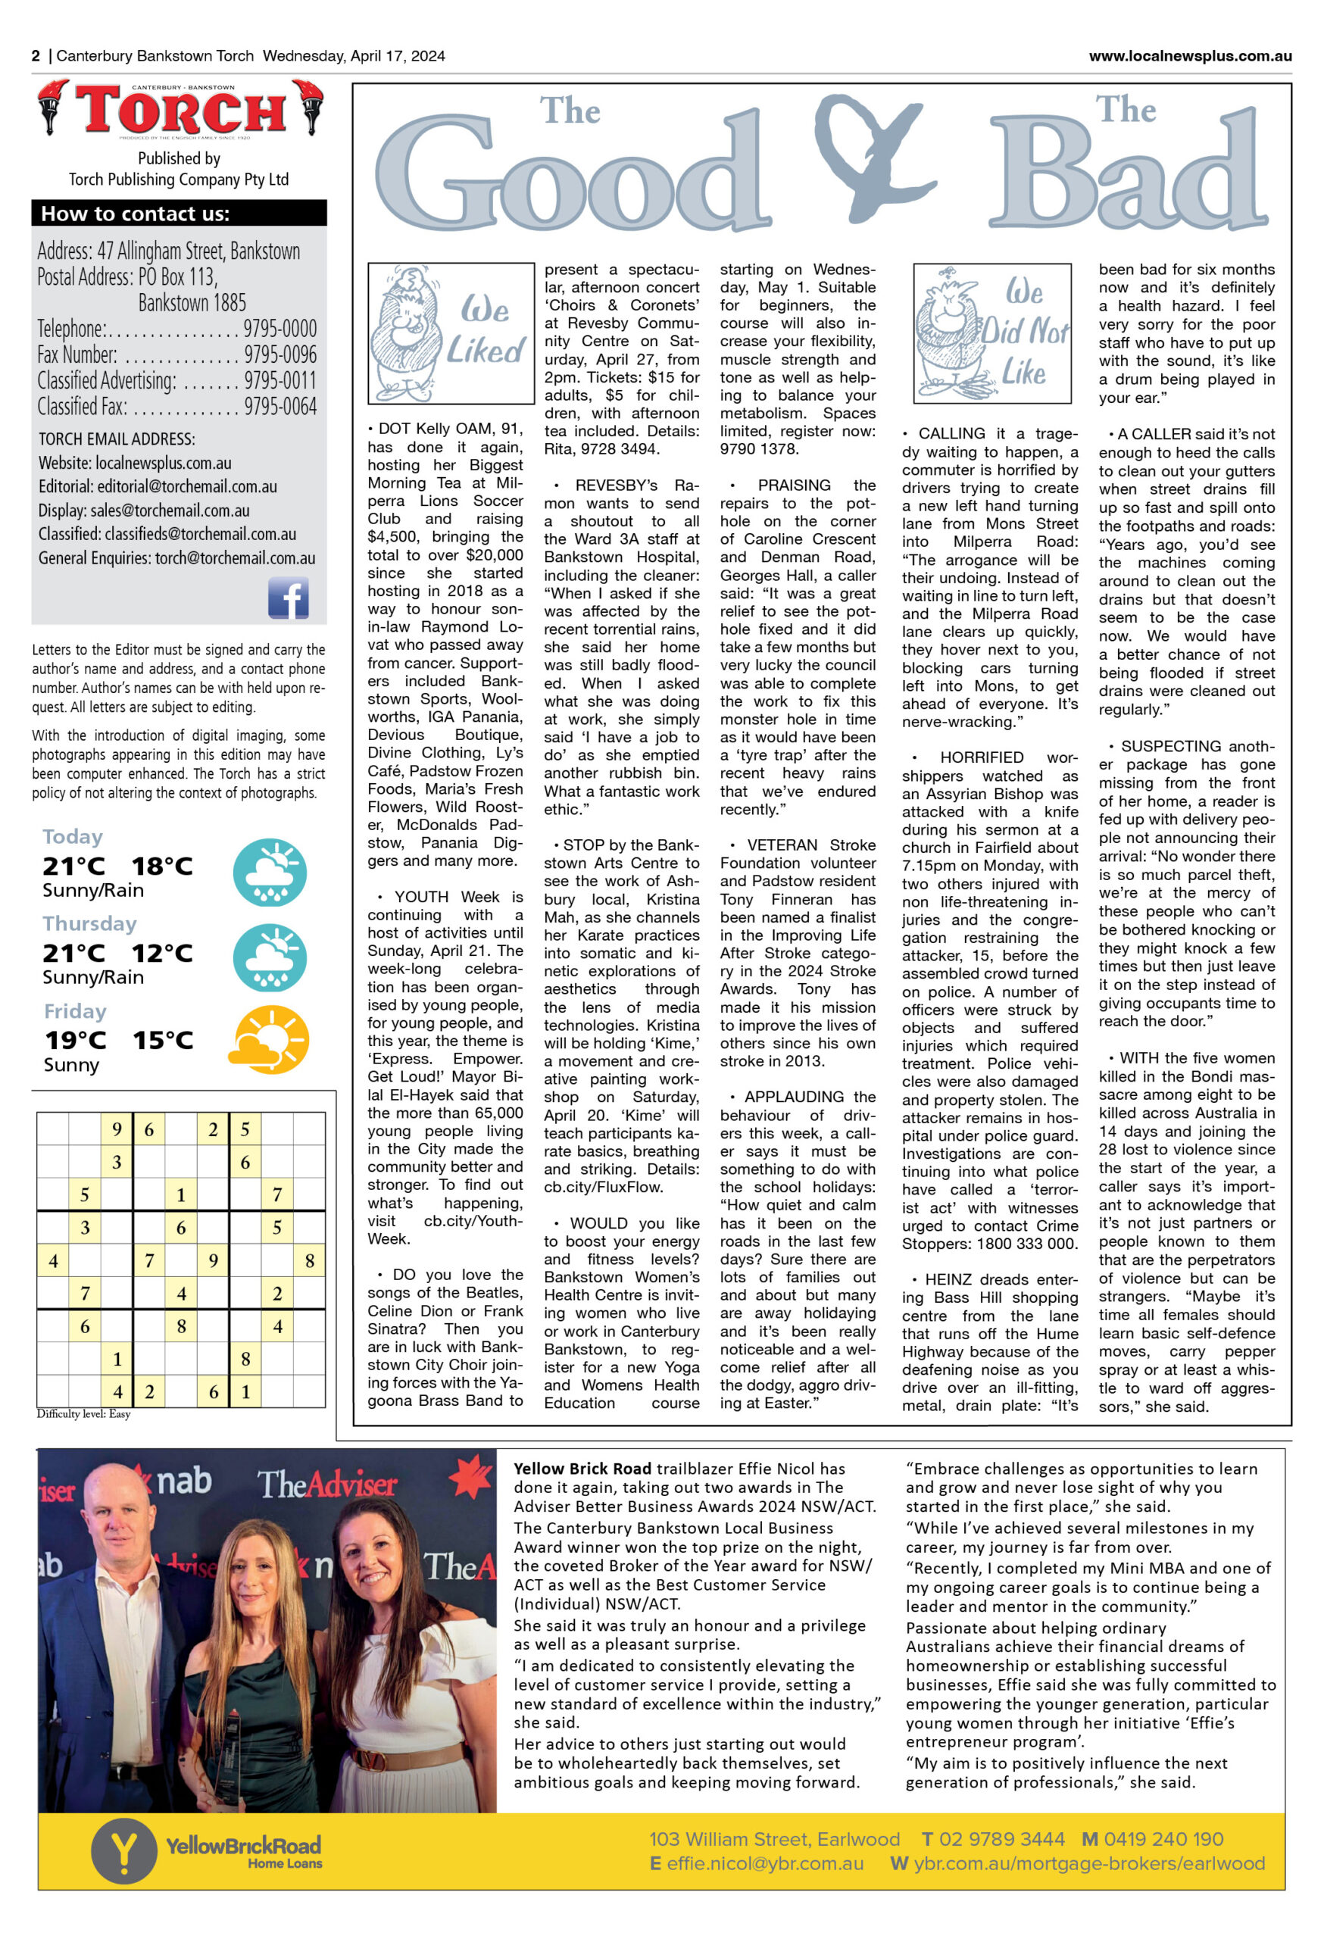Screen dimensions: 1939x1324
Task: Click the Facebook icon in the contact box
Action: tap(288, 598)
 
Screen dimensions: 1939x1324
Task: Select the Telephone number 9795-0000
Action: tap(279, 329)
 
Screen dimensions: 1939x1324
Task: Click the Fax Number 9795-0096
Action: tap(279, 354)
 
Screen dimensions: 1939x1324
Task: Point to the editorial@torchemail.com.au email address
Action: tap(187, 486)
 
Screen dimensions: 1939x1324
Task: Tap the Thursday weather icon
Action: tap(269, 958)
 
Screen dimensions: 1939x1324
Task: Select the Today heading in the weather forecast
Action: tap(73, 837)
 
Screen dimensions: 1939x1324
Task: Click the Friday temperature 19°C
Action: tap(75, 1041)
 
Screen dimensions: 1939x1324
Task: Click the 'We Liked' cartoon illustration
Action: tap(451, 333)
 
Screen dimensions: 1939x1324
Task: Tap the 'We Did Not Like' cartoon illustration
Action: tap(992, 334)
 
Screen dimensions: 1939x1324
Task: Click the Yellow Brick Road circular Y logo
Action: tap(123, 1851)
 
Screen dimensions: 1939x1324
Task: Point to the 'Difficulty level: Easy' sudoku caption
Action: tap(83, 1414)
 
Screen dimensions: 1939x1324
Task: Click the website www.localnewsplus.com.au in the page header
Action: tap(1190, 56)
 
